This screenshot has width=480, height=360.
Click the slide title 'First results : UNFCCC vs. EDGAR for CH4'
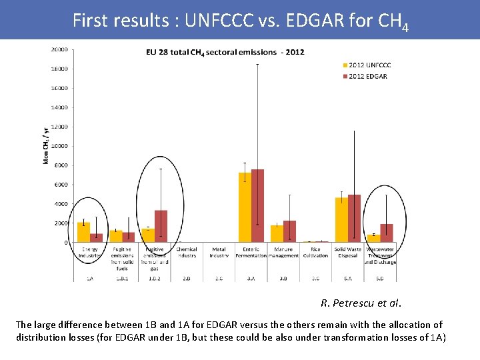(240, 21)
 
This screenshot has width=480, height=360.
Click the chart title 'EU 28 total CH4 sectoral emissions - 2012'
(217, 52)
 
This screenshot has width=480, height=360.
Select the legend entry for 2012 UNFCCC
(367, 65)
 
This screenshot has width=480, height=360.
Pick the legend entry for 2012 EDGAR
(365, 76)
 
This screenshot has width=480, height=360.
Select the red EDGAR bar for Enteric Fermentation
(257, 206)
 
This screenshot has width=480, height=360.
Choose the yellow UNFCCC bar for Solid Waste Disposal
(341, 220)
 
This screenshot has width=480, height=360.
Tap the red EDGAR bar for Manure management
(289, 231)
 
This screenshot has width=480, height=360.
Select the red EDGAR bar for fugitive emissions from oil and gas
(161, 227)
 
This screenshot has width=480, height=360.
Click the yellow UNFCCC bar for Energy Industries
(83, 232)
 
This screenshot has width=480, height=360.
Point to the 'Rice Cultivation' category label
(315, 253)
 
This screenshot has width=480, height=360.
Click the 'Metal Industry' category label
(219, 253)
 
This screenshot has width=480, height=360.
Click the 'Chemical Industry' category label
(187, 253)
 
